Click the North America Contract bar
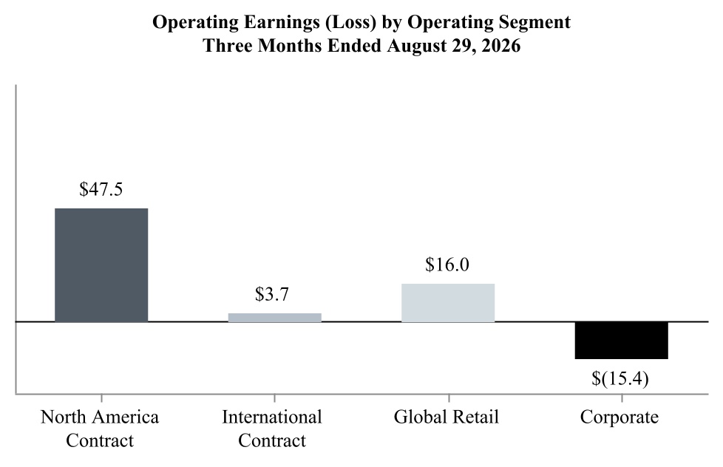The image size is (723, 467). pyautogui.click(x=101, y=265)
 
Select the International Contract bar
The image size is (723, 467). pyautogui.click(x=275, y=318)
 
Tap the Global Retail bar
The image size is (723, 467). pyautogui.click(x=448, y=303)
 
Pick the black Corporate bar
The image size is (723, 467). pyautogui.click(x=622, y=340)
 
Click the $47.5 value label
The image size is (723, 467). pyautogui.click(x=101, y=189)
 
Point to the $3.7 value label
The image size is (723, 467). pyautogui.click(x=272, y=294)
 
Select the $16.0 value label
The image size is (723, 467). pyautogui.click(x=447, y=265)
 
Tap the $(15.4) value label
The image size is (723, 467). pyautogui.click(x=620, y=378)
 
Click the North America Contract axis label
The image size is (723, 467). pyautogui.click(x=100, y=429)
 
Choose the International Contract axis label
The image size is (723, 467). pyautogui.click(x=272, y=429)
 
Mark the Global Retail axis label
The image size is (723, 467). pyautogui.click(x=447, y=417)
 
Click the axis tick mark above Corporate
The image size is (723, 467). pyautogui.click(x=622, y=398)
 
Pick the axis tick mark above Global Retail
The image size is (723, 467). pyautogui.click(x=448, y=398)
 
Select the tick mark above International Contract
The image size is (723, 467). pyautogui.click(x=275, y=398)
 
